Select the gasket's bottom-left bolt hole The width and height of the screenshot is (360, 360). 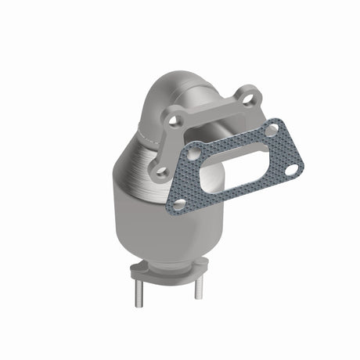tap(179, 203)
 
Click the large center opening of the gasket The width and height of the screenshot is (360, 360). tap(227, 169)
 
